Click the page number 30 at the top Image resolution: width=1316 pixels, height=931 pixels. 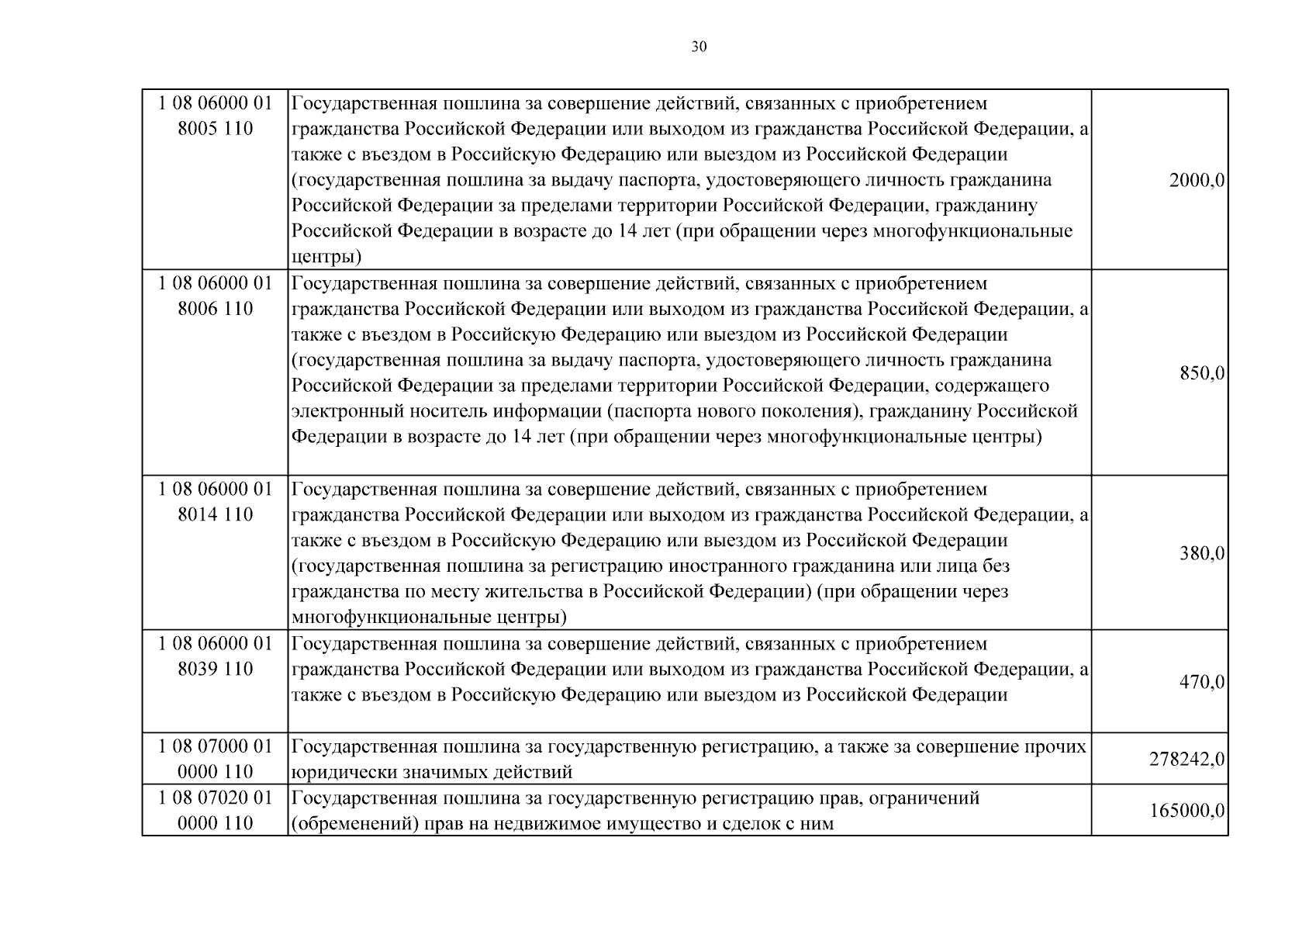coord(699,47)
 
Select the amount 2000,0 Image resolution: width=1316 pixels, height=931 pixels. coord(1197,181)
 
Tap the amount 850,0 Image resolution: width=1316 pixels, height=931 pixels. coord(1202,373)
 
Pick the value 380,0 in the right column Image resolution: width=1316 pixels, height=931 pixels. coord(1202,553)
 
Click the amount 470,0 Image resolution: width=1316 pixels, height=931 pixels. coord(1202,682)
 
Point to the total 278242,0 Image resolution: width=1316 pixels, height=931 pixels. coord(1186,759)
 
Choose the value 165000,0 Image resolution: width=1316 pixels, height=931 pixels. coord(1186,811)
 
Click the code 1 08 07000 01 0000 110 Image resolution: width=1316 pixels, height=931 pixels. coord(216,759)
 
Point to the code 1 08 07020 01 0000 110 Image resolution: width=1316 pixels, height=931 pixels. coord(216,810)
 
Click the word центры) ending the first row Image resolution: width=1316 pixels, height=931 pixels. coord(326,257)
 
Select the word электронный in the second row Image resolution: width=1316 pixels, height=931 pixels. coord(342,411)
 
